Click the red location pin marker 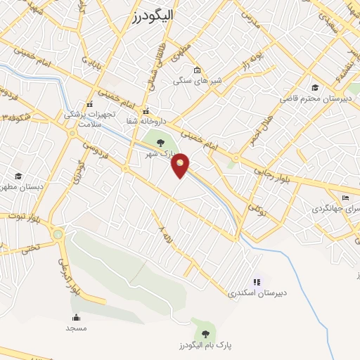point(181,165)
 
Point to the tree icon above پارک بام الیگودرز point(205,334)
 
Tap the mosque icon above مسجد point(76,318)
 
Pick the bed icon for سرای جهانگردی point(345,198)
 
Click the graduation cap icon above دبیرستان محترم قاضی point(315,87)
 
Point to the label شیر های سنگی point(198,81)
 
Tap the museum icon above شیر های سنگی point(197,70)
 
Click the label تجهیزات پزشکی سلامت point(88,117)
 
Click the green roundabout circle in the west point(58,235)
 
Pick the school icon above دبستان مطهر point(18,176)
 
